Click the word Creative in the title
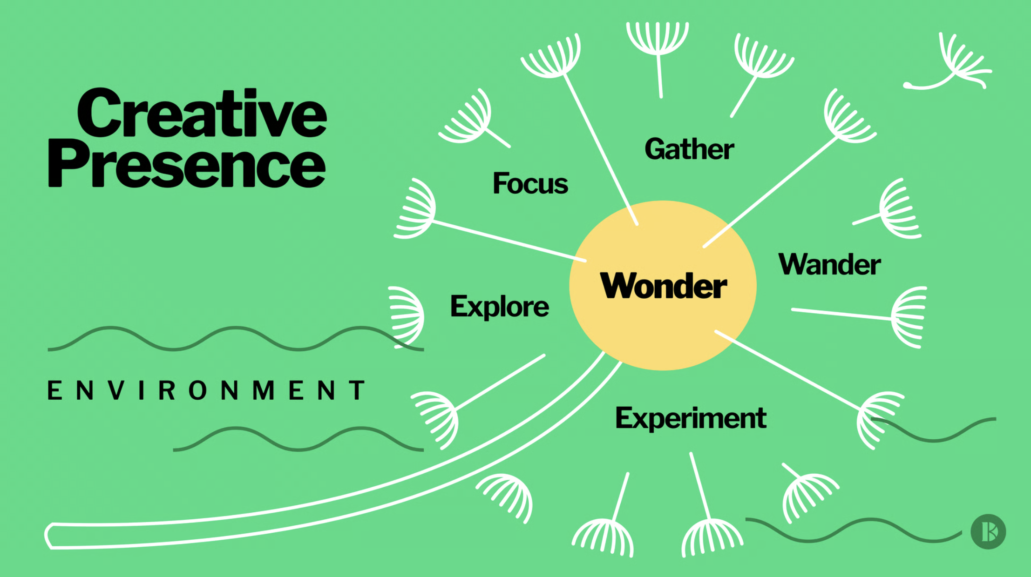click(x=202, y=113)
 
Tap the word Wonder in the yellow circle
click(x=663, y=285)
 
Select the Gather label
click(x=689, y=149)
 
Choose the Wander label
click(x=829, y=264)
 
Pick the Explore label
click(x=499, y=307)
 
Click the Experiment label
click(x=691, y=418)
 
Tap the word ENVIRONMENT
click(x=206, y=390)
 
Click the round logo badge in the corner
click(x=988, y=531)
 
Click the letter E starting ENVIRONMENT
click(x=54, y=390)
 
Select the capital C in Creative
click(x=100, y=113)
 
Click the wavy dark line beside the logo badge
click(x=854, y=530)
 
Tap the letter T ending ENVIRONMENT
click(x=359, y=390)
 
